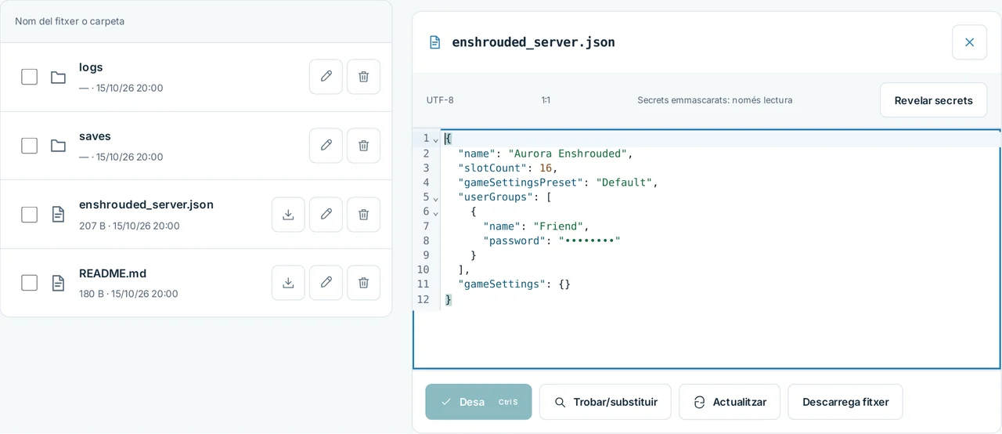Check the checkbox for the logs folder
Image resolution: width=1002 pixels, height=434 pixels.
coord(29,77)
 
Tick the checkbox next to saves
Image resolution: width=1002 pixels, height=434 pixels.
coord(29,146)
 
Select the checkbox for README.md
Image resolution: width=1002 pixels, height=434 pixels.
coord(29,283)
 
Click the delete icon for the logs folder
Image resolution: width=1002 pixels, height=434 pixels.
coord(364,77)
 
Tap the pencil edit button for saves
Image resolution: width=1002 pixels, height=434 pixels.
coord(326,146)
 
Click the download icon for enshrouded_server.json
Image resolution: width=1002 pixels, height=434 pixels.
coord(289,215)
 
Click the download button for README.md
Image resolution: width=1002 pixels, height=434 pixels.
coord(289,283)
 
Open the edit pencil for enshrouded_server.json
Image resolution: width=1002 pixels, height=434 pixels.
coord(326,215)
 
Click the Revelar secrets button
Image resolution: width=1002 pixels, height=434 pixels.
coord(934,100)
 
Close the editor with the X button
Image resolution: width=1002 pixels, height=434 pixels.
coord(969,42)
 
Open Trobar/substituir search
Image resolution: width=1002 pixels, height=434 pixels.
coord(605,402)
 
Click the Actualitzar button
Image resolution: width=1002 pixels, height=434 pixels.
coord(730,402)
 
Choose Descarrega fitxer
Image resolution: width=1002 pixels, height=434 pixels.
coord(845,402)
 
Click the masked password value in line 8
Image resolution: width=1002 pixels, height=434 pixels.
coord(589,241)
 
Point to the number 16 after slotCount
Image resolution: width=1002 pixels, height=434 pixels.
coord(546,168)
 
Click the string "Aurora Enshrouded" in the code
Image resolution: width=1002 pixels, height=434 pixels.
coord(568,154)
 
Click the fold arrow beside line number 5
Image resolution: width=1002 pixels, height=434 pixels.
coord(436,198)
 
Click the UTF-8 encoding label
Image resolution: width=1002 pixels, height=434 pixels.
coord(440,100)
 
